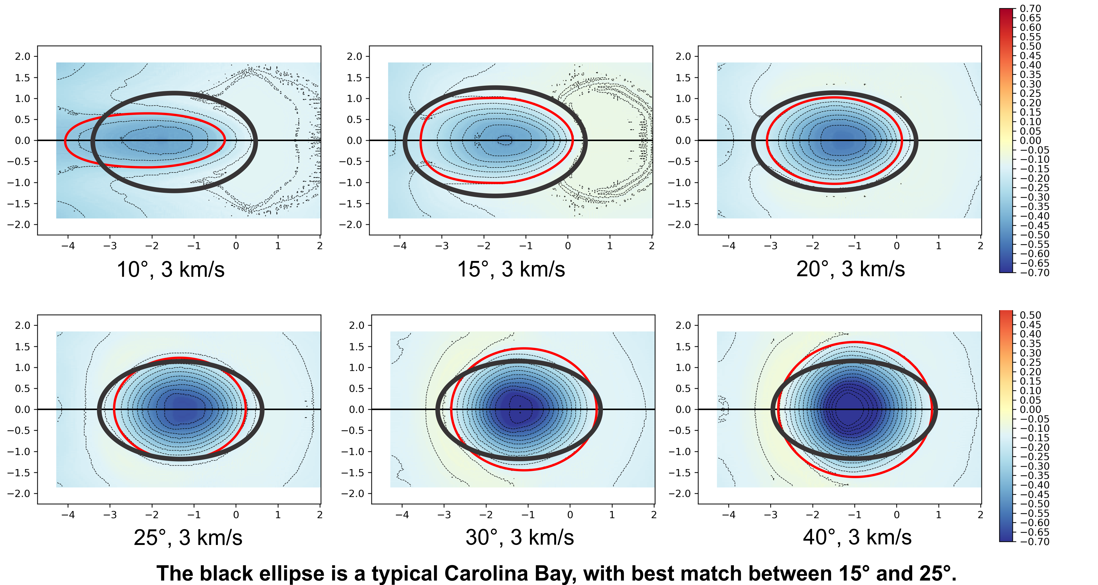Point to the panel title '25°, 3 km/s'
[188, 538]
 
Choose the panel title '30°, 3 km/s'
[520, 538]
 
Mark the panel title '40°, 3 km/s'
[857, 538]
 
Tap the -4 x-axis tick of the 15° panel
[400, 246]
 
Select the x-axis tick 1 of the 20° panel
[938, 246]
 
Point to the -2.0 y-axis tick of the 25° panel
[19, 494]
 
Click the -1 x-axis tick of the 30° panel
[528, 515]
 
